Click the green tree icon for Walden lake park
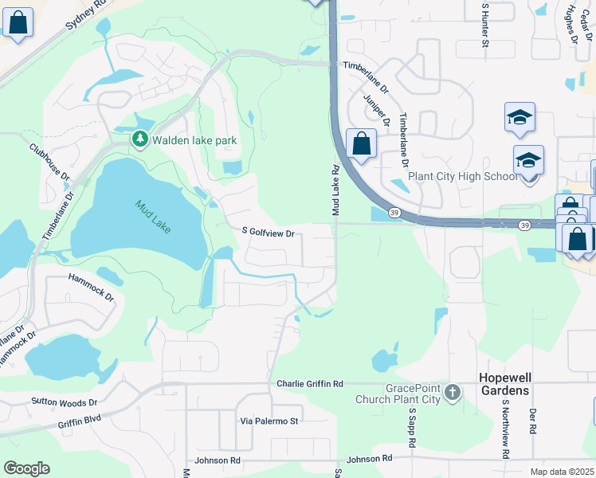point(140,139)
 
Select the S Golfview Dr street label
point(269,233)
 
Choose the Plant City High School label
point(462,177)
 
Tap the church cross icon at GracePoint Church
point(453,392)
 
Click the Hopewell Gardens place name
point(516,384)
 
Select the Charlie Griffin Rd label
point(309,384)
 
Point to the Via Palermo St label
point(269,421)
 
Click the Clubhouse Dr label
point(50,161)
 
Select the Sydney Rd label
point(86,14)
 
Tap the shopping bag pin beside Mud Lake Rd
point(361,145)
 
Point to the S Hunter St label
point(484,24)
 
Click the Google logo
point(26,468)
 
